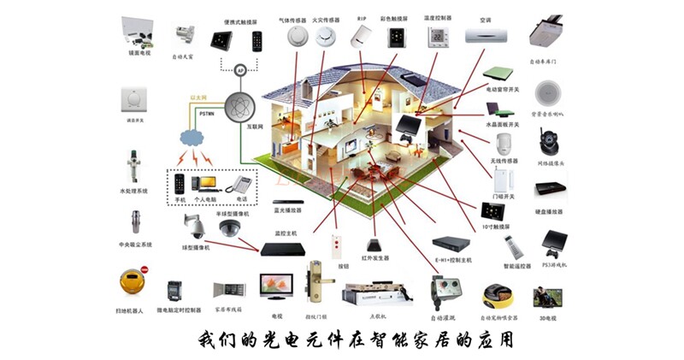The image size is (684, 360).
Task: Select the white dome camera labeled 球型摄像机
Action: (x=195, y=226)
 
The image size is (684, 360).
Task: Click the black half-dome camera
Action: (x=230, y=227)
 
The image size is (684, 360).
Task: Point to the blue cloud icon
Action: (x=193, y=138)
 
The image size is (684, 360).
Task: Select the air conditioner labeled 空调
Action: (x=486, y=36)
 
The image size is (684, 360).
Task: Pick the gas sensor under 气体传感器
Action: (x=296, y=36)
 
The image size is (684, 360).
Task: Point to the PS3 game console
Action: (x=548, y=245)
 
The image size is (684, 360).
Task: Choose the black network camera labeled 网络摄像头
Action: (x=547, y=141)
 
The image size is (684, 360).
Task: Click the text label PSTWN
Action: (x=206, y=113)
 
